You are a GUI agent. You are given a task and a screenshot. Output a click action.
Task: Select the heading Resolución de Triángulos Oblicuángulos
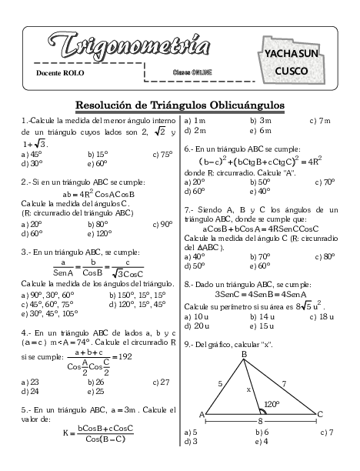point(180,105)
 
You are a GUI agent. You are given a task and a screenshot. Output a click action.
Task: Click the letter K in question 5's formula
point(67,433)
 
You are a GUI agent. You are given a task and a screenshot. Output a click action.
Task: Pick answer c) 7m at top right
point(319,121)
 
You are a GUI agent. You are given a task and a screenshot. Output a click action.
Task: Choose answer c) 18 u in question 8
point(322,316)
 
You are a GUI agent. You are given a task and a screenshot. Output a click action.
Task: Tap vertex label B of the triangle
point(244,354)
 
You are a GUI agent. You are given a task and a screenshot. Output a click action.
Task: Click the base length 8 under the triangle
point(261,421)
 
